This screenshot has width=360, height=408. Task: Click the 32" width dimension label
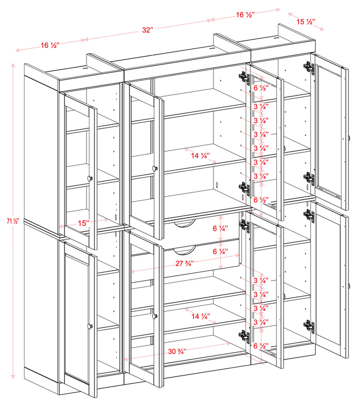tap(147, 30)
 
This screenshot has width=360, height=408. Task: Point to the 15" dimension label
tap(84, 223)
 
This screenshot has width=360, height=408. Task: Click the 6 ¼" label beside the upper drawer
tap(220, 228)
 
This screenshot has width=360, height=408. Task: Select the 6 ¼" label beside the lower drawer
tap(220, 252)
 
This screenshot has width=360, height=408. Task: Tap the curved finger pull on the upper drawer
tap(185, 225)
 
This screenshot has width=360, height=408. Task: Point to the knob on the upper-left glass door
tap(90, 178)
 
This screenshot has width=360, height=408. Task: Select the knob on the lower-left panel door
tap(90, 326)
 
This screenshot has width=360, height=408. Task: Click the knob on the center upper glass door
tap(155, 168)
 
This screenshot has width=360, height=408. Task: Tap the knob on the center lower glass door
tap(154, 316)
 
